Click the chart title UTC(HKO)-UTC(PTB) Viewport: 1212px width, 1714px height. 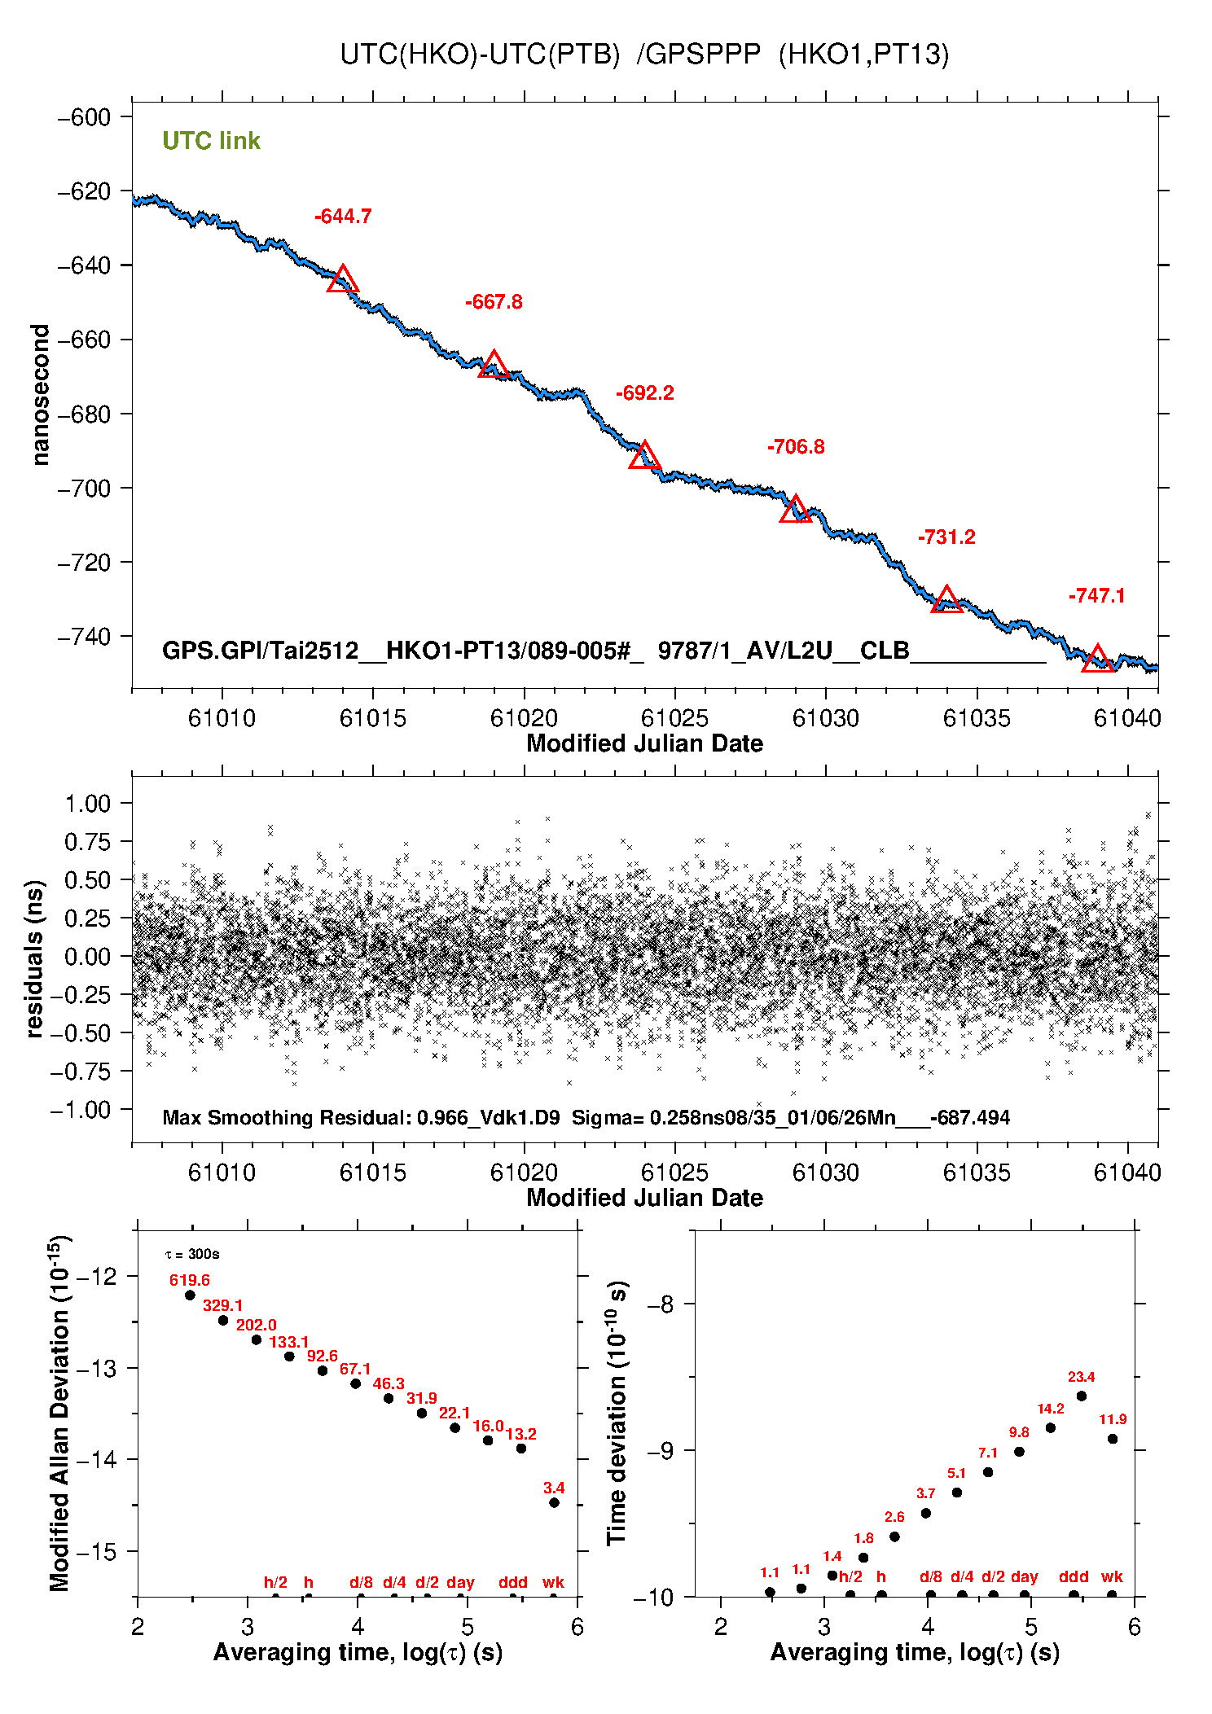click(643, 54)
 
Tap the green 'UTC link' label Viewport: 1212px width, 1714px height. click(211, 141)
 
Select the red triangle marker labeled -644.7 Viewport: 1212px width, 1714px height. click(343, 279)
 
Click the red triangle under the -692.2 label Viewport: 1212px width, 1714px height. click(644, 456)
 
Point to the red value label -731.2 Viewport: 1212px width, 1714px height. click(946, 537)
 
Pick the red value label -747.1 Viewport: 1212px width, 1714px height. click(1097, 596)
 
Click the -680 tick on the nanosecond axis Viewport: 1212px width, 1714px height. click(84, 414)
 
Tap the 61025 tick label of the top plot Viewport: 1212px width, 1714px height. click(674, 718)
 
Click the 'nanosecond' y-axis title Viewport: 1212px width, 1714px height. click(40, 395)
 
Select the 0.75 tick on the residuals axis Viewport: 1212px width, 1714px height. click(87, 842)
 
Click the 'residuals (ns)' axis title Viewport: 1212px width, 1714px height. click(34, 958)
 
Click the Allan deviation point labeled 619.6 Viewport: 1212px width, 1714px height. click(191, 1295)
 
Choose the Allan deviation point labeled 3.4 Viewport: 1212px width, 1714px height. click(554, 1502)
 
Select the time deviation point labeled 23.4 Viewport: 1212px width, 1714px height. click(1082, 1396)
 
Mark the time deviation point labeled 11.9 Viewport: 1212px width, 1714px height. click(1113, 1439)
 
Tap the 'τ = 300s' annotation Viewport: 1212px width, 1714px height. click(192, 1254)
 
